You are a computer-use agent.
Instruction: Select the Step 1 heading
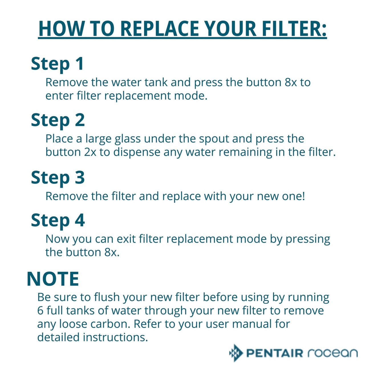coord(57,64)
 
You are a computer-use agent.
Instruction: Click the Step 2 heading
coord(58,120)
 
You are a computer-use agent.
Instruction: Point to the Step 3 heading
coord(58,177)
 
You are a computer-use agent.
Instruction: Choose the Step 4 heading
coord(58,220)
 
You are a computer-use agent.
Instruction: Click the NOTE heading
coord(53,279)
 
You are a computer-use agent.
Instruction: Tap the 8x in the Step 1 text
coord(291,82)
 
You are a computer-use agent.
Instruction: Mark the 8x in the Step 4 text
coord(111,252)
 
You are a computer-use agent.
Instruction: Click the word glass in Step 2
coord(127,139)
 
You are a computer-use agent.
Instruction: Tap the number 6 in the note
coord(40,311)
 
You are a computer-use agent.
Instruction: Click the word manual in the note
coord(252,324)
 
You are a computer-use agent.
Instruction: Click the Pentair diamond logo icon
coord(236,353)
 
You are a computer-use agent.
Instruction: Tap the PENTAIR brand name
coord(275,353)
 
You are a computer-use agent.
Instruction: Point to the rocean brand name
coord(332,353)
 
